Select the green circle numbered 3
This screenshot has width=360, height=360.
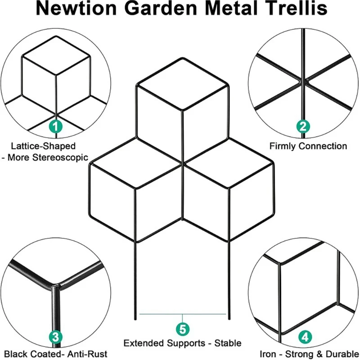pos(55,336)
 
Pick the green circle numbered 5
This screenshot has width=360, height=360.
pos(182,329)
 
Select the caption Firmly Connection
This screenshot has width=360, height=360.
pos(308,146)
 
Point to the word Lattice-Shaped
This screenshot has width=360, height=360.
pos(44,146)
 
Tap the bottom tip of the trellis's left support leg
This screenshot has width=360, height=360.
pos(135,318)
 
